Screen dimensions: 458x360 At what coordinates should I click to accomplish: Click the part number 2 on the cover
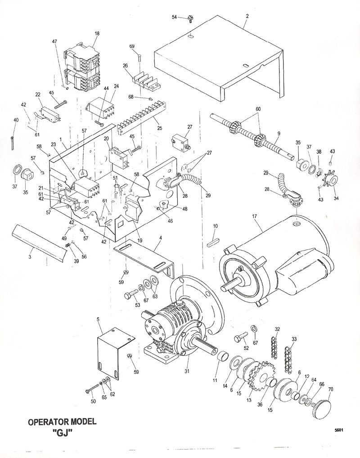247,16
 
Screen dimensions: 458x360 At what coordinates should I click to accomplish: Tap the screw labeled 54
190,18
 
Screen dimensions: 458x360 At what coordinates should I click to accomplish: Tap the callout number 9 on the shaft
279,133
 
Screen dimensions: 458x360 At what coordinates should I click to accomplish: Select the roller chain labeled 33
289,355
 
